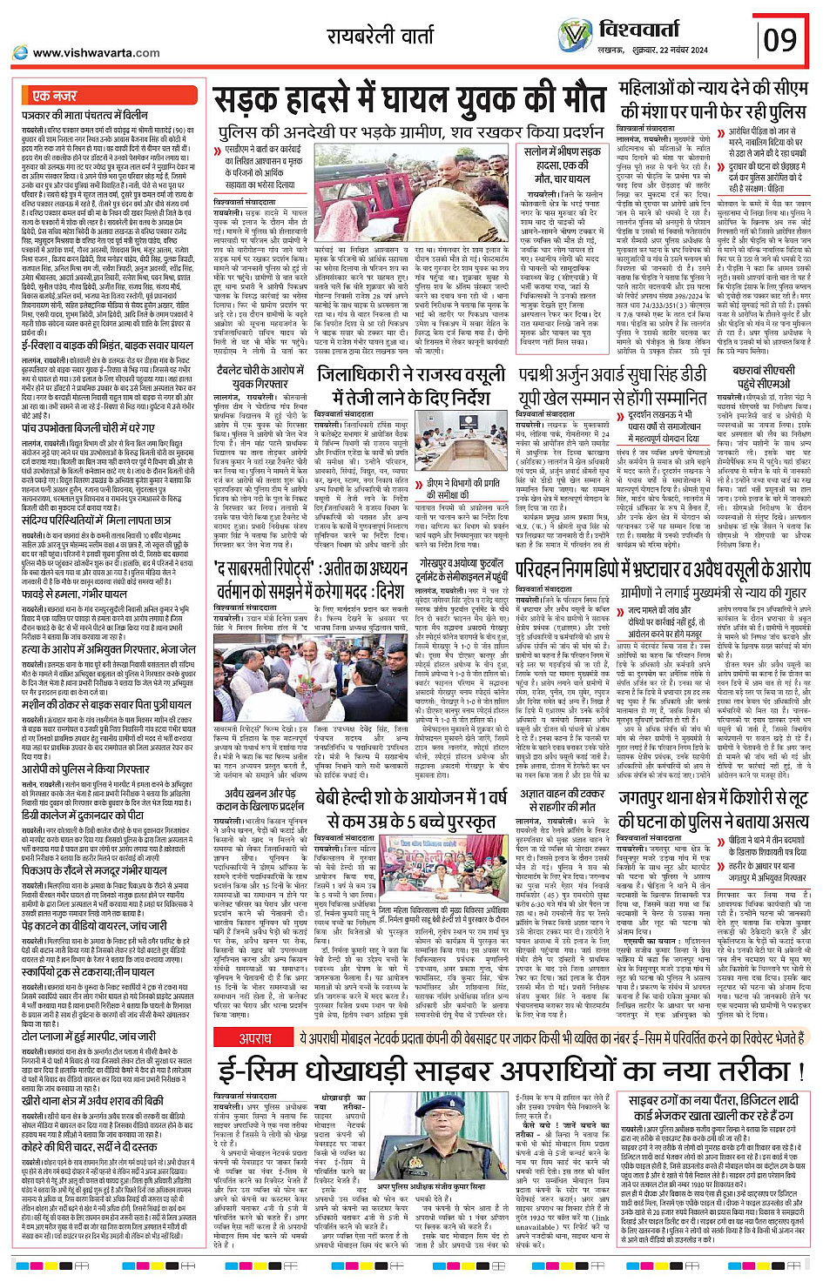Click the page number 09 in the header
[780, 39]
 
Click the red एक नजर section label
[54, 96]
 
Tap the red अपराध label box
[255, 1038]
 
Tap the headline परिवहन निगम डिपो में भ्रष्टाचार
[663, 569]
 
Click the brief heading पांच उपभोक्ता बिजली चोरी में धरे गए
[88, 429]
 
